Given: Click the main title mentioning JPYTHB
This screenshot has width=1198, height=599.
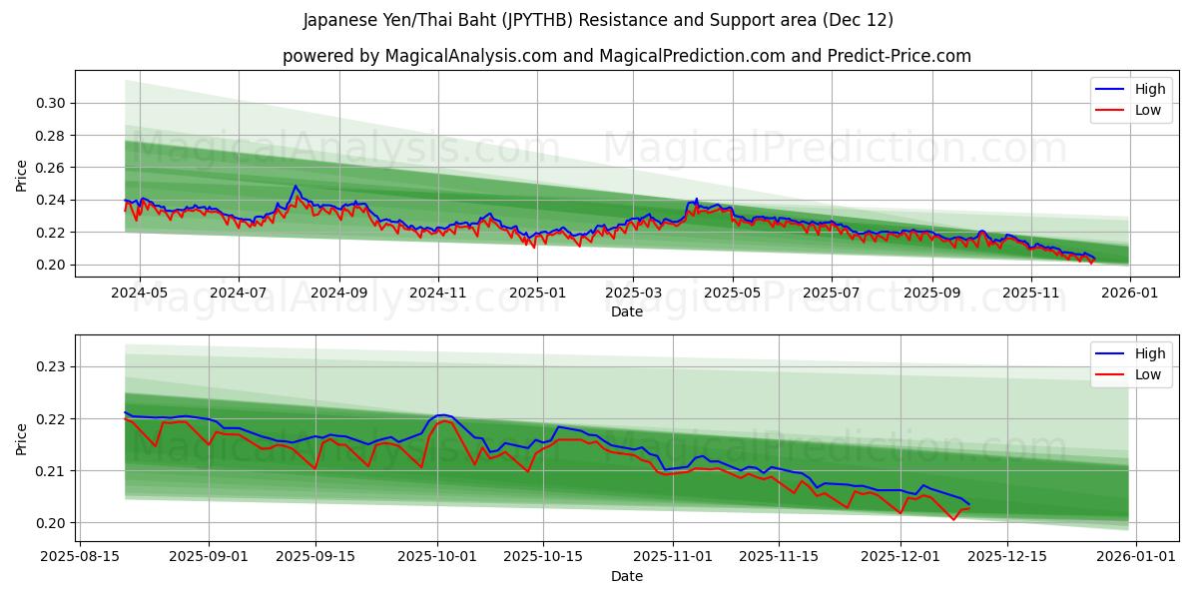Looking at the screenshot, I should tap(598, 20).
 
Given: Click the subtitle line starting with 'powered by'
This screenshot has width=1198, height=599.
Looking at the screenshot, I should tap(626, 56).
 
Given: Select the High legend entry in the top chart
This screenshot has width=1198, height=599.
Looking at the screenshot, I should tap(1149, 89).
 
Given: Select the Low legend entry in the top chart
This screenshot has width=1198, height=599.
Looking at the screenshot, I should tap(1147, 111).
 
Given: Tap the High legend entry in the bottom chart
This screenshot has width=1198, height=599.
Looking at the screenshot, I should tap(1149, 353).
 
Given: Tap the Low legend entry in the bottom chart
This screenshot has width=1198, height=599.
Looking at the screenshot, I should tap(1147, 375).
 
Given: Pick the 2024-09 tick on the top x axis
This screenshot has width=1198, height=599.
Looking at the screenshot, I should tap(338, 293).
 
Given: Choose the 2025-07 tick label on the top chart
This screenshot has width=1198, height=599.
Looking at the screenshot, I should tap(832, 293).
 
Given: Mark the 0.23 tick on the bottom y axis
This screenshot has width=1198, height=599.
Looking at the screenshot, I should tap(50, 366).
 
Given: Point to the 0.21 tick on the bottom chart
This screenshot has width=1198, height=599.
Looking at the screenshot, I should tap(50, 470).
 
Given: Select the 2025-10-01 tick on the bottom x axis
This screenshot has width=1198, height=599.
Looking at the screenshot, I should tap(437, 557).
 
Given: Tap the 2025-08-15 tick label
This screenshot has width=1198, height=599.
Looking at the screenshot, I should tap(82, 557).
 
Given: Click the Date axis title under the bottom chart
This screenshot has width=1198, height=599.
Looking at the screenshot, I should tap(626, 576).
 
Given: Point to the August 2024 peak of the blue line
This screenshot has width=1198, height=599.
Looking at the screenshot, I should tap(295, 186).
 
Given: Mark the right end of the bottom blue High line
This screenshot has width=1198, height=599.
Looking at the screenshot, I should tap(968, 504).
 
